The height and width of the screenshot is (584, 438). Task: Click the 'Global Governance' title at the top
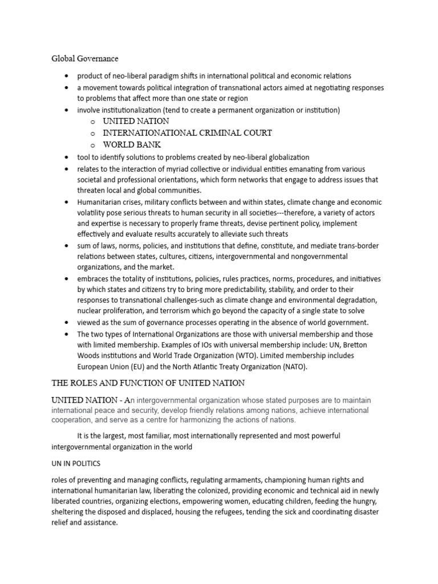click(85, 58)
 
